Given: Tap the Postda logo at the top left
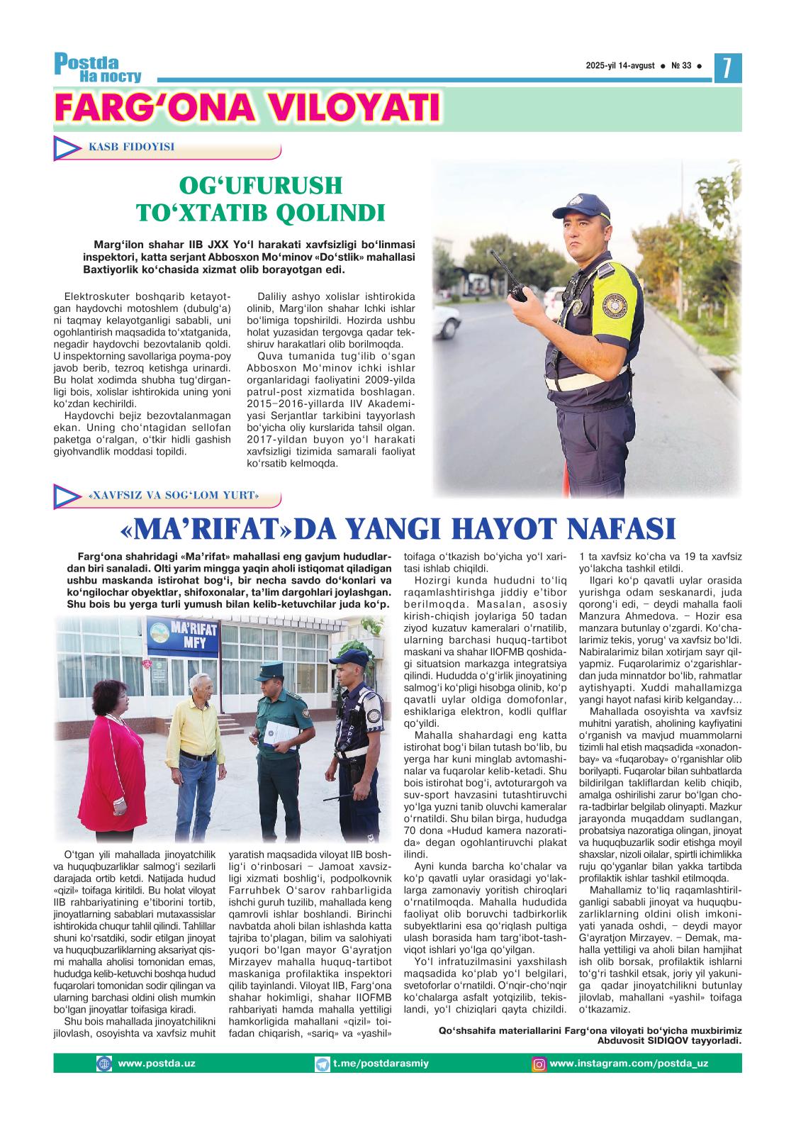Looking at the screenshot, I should tap(97, 67).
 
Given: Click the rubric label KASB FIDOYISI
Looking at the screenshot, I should tap(131, 147).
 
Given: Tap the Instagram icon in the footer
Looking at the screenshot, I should tap(539, 1063).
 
